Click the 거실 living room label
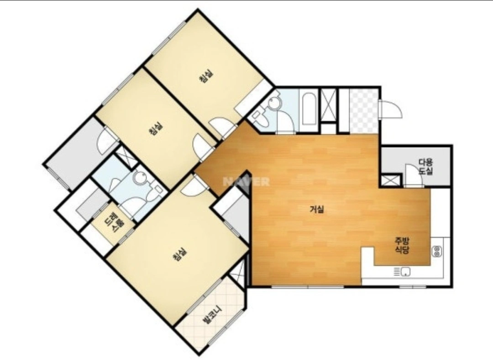317,209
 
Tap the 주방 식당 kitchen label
402,245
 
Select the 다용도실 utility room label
426,167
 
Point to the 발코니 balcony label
212,315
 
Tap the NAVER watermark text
246,181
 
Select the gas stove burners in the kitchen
437,251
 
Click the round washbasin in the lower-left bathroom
139,179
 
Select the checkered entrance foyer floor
364,111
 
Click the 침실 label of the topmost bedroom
206,76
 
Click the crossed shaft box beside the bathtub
328,105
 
